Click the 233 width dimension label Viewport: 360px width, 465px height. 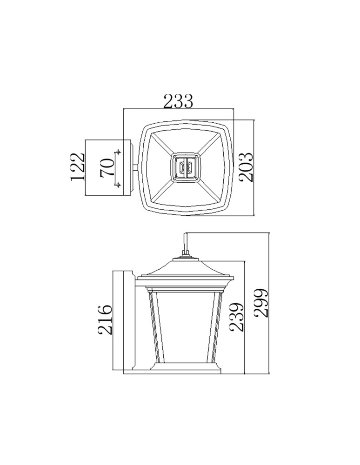178,101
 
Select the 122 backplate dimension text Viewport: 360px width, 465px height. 77,166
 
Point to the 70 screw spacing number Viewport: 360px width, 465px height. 107,167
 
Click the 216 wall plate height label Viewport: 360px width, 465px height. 105,319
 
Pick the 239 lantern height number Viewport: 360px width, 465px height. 237,317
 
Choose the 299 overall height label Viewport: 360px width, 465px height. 261,303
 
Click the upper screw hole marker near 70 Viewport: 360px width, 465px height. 118,152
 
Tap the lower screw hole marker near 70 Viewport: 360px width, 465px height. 118,185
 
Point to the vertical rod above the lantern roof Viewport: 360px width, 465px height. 186,243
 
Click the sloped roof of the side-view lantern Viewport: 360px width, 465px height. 186,269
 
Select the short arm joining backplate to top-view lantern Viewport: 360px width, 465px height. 136,167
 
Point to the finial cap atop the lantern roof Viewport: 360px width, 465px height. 186,256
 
